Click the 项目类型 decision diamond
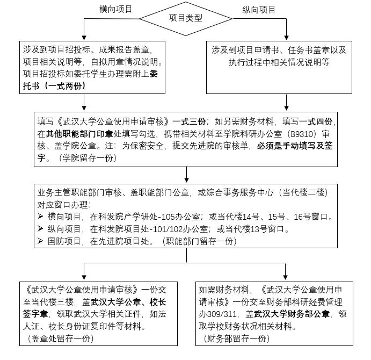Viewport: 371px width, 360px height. pyautogui.click(x=185, y=18)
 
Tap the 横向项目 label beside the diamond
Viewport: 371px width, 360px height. pyautogui.click(x=116, y=9)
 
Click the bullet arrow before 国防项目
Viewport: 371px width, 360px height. pyautogui.click(x=40, y=241)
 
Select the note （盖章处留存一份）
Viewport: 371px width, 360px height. pyautogui.click(x=60, y=338)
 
